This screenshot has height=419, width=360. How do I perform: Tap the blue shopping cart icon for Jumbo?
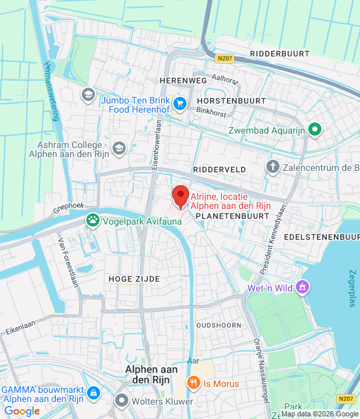click(x=181, y=103)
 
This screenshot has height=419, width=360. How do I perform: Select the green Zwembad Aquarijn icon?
click(x=315, y=130)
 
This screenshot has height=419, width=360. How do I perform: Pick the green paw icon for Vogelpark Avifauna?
click(x=93, y=221)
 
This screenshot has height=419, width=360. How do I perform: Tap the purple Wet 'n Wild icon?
click(x=302, y=287)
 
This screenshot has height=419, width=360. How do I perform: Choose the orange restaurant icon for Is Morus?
click(x=193, y=383)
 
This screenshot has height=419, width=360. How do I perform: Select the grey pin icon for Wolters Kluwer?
click(x=121, y=400)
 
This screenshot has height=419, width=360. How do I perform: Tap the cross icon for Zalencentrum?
click(x=272, y=168)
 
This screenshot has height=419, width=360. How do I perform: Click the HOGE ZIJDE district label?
click(x=134, y=279)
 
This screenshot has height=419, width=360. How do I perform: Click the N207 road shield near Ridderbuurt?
click(x=223, y=58)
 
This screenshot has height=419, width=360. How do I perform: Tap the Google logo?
click(x=22, y=411)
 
